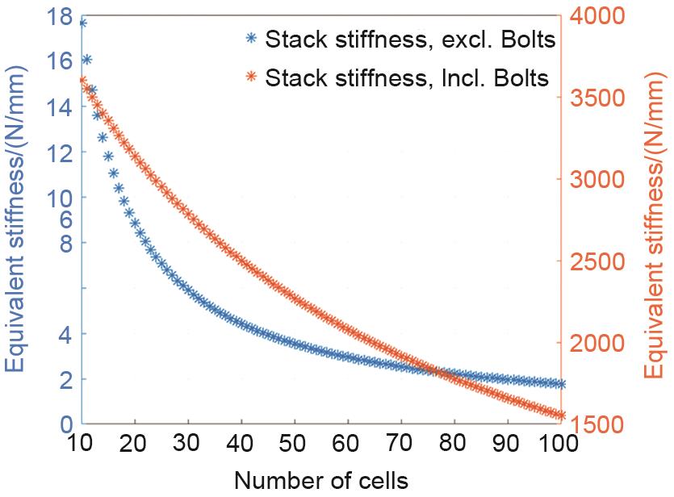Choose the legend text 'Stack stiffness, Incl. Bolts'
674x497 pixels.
(408, 77)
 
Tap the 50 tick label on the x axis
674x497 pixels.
(295, 444)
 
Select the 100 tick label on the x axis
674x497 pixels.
(558, 444)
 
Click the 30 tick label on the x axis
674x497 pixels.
(188, 444)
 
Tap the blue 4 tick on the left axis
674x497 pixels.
(66, 332)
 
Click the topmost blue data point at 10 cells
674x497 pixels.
(82, 23)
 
